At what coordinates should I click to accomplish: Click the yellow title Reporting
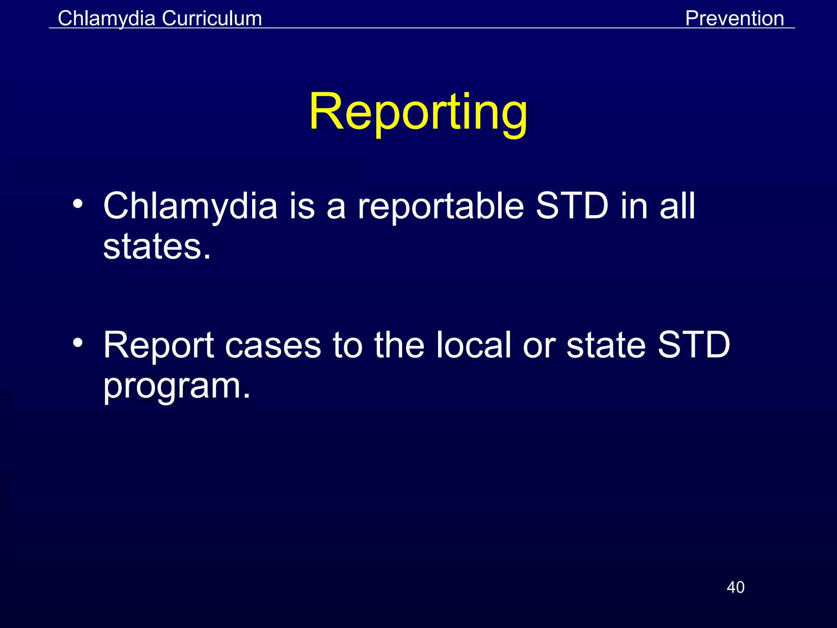point(418,112)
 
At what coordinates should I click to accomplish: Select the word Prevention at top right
point(734,18)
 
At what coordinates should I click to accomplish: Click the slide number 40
point(735,587)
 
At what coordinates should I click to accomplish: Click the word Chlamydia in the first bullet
point(190,206)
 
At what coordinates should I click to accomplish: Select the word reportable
point(441,206)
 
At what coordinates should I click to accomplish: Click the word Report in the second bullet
point(159,345)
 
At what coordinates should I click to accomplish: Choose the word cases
point(273,345)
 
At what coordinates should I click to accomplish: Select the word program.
point(177,386)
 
